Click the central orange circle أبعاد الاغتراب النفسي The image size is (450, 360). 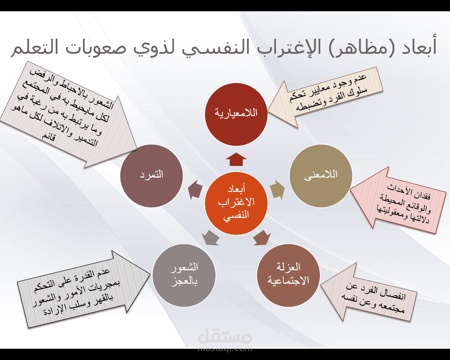(236, 203)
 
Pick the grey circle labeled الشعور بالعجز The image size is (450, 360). (184, 275)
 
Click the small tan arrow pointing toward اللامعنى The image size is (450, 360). (278, 189)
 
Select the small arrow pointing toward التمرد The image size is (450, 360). (195, 190)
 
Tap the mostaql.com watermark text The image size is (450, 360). (225, 349)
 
